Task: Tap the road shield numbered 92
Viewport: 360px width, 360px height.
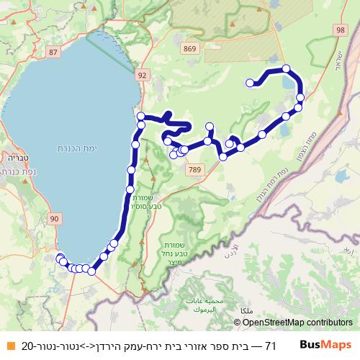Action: (142, 74)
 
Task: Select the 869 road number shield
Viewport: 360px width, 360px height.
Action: (189, 49)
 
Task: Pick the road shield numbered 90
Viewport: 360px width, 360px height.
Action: (55, 217)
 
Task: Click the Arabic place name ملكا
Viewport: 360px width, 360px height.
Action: (252, 310)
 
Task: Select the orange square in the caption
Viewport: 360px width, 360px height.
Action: (10, 346)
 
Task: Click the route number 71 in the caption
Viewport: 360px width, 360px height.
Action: (270, 346)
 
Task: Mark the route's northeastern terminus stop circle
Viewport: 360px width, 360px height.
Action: (250, 83)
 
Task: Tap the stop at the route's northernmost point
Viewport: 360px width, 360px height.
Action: (287, 69)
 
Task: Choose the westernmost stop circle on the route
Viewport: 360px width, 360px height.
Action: (59, 257)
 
